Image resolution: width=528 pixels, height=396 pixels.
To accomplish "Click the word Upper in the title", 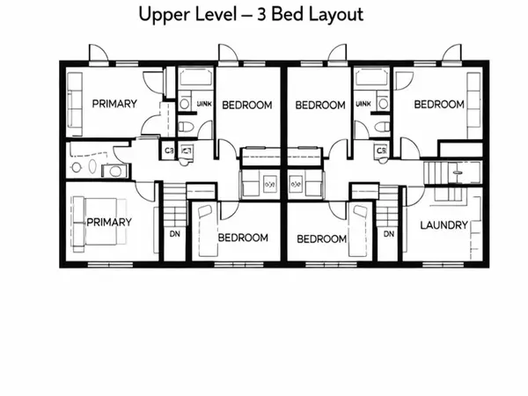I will pyautogui.click(x=164, y=15).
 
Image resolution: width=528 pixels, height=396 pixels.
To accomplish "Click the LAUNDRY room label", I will pyautogui.click(x=444, y=225).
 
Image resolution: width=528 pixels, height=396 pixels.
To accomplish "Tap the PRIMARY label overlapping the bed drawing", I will pyautogui.click(x=109, y=222).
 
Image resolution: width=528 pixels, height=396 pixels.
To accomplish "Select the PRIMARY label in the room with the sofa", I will pyautogui.click(x=114, y=104).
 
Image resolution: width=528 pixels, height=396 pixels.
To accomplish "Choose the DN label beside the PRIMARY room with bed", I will pyautogui.click(x=174, y=234).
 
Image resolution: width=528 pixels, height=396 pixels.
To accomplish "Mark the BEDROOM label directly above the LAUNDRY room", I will pyautogui.click(x=438, y=104).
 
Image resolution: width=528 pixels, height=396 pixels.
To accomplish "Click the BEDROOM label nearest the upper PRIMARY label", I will pyautogui.click(x=246, y=106).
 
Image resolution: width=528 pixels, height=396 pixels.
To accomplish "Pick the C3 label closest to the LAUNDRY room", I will pyautogui.click(x=381, y=150).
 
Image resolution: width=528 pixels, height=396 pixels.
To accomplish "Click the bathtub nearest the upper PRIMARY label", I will pyautogui.click(x=195, y=80).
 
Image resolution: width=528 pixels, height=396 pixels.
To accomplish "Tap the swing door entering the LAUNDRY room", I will pyautogui.click(x=409, y=195).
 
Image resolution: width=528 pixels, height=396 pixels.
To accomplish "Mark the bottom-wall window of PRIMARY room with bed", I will pyautogui.click(x=107, y=264).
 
